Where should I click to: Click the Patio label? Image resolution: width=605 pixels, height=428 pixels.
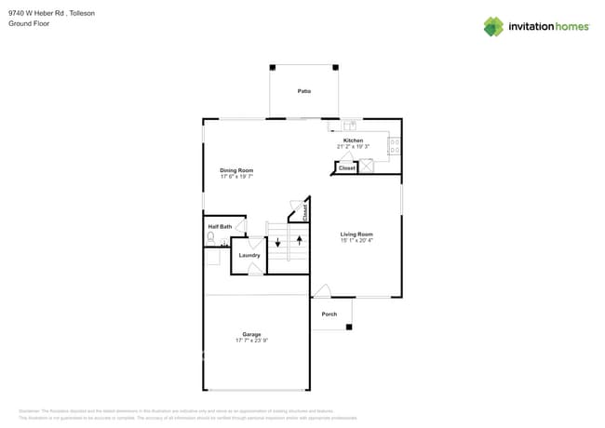[303, 91]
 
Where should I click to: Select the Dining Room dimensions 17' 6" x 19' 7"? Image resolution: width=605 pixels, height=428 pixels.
[236, 177]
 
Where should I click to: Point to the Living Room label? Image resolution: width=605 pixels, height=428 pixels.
[356, 234]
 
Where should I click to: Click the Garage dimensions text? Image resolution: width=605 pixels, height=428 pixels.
[251, 341]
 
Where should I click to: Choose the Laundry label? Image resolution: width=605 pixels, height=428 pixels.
[249, 255]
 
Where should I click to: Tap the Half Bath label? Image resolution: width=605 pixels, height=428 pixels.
[220, 226]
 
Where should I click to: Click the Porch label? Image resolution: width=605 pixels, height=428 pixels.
[329, 314]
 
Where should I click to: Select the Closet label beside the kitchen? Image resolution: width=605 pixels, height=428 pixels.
[346, 168]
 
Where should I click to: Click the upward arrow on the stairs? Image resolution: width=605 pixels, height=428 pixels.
[299, 240]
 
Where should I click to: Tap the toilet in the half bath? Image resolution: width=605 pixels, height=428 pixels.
[210, 239]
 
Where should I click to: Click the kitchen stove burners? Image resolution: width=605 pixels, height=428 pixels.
[395, 146]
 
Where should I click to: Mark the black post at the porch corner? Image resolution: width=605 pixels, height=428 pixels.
[349, 327]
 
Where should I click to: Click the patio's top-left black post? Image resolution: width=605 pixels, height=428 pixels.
[273, 67]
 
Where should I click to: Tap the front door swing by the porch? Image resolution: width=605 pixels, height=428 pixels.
[321, 290]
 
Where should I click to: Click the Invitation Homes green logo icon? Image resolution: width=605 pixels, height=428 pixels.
[493, 26]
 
